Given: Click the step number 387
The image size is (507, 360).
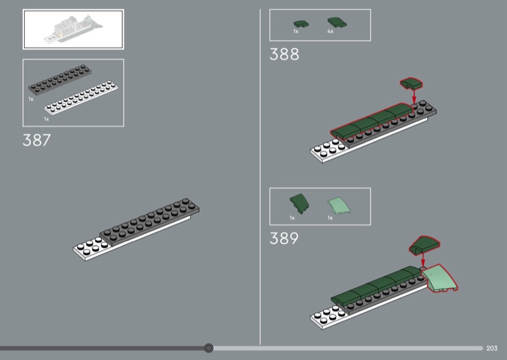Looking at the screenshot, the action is pos(37,140).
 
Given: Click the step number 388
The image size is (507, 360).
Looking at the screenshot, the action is pos(284,54).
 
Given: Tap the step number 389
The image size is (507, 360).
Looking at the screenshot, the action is pos(284,238).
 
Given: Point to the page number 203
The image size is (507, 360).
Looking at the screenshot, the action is pos(492,349).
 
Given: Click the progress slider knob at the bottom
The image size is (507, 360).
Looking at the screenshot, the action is pos(209,348).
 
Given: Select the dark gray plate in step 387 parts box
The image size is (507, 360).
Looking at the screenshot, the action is pos(60,80).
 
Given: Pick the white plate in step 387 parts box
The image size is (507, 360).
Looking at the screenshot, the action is pos(81,98).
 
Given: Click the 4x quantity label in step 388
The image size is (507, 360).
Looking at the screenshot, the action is pos(330,32).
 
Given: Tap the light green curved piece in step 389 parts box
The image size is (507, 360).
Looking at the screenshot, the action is pos(339,205).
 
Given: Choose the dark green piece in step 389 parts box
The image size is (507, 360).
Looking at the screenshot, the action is pos(300,203).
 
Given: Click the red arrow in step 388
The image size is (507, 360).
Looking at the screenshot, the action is pos(414,96).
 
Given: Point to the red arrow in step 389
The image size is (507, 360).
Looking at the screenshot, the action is pos(423,260).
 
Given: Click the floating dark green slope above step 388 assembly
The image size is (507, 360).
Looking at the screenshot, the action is pos(411,83).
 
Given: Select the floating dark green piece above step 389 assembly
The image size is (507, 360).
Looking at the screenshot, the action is pos(424,245).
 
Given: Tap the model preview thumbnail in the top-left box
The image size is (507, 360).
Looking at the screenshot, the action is pos(74,29).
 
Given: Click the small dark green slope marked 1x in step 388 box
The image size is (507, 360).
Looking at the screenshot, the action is pos(300,24).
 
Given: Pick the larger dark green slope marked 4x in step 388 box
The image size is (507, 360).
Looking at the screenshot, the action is pos(337,23).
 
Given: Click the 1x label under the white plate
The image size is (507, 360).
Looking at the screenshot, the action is pos(46,119).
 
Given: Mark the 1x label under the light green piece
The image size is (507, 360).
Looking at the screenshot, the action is pos(330,218).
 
